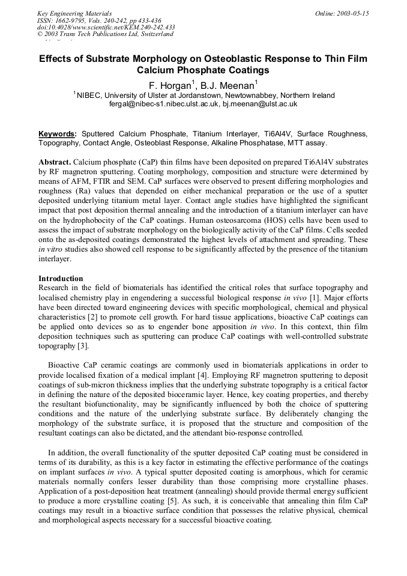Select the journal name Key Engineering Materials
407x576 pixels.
pyautogui.click(x=74, y=13)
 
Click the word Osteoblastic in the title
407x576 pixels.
pyautogui.click(x=231, y=59)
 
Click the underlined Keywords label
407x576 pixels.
pyautogui.click(x=57, y=133)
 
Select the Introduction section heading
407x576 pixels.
pyautogui.click(x=61, y=279)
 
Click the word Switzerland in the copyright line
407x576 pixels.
pyautogui.click(x=154, y=34)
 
